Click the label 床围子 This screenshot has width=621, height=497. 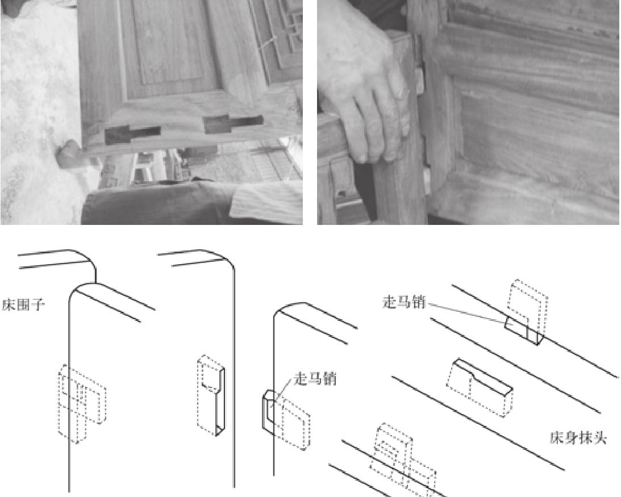click(x=23, y=305)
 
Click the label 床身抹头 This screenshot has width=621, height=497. click(x=578, y=437)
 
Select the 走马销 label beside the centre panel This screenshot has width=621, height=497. click(x=315, y=379)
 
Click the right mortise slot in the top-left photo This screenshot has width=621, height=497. click(x=233, y=124)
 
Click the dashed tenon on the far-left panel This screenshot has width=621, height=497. click(x=82, y=403)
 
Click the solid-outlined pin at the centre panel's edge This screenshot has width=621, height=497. click(x=268, y=411)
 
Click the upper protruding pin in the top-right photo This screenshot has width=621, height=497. click(x=419, y=81)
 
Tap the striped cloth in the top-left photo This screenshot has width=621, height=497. click(x=266, y=204)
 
